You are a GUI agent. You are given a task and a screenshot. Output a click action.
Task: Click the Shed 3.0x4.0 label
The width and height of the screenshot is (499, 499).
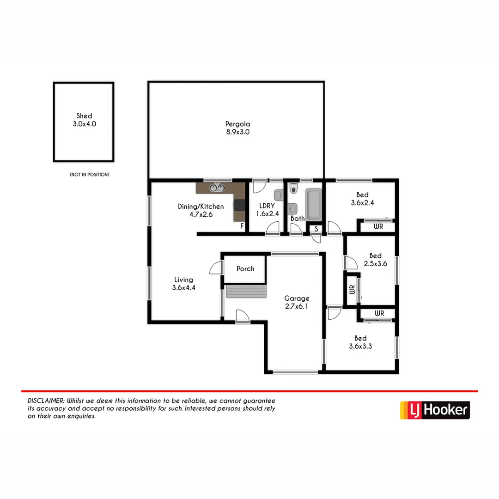[84, 120]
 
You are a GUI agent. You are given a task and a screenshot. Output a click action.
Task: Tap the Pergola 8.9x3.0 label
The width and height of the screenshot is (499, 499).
[237, 128]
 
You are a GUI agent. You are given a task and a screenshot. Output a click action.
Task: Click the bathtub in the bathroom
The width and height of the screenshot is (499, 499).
[314, 204]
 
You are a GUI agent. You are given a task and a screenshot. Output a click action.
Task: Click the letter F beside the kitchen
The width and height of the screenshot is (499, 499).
[242, 226]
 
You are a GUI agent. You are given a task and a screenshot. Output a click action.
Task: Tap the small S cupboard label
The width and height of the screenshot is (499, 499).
[316, 229]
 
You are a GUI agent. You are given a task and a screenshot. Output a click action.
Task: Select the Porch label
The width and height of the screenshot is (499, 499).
[245, 268]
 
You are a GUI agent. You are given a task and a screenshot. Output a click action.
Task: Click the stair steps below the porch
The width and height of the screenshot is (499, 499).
[246, 292]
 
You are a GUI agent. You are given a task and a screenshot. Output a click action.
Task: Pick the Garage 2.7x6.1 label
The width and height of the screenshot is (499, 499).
[297, 302]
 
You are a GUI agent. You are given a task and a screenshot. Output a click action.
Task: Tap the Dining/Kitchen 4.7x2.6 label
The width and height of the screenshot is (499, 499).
[201, 210]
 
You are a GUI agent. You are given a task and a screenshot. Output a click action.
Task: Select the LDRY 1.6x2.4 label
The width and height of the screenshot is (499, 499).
[266, 210]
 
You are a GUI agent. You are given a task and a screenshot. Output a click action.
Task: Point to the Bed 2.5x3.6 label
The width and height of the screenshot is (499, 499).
[375, 260]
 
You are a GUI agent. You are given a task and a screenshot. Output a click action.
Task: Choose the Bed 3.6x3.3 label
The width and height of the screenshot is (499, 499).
[360, 342]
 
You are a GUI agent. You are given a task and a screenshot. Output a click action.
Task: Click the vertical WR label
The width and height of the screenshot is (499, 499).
[352, 290]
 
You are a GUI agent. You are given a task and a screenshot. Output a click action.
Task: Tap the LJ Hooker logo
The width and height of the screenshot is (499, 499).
[435, 410]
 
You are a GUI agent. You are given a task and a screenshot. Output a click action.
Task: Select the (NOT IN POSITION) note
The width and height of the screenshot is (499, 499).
[89, 175]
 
